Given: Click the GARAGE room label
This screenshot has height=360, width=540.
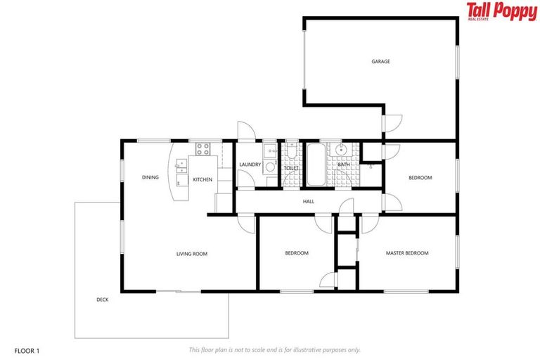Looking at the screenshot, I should coord(380,62).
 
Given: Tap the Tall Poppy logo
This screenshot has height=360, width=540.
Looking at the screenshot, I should coord(501,12).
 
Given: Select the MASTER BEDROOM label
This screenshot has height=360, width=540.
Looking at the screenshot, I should coord(406,253).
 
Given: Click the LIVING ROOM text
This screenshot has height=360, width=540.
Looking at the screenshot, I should coord(191,254).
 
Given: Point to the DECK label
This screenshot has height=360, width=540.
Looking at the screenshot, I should coord(103,300).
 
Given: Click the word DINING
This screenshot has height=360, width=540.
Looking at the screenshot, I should coord(150,178).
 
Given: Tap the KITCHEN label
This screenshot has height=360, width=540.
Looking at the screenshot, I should coord(202,180).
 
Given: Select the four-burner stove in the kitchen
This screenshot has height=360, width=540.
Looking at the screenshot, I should coord(203,149).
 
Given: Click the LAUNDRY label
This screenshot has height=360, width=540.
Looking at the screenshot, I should coord(250,165).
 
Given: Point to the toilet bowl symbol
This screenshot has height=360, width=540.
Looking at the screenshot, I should coord(291,150).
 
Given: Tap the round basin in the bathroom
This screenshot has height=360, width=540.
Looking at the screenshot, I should coord(342,150).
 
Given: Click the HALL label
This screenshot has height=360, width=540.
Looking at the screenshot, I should coord(308,202).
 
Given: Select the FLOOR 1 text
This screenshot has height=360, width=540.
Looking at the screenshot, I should coord(27,349).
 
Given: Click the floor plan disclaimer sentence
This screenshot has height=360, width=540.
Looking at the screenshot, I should coord(274,349).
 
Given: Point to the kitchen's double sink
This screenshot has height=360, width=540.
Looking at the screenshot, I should coord(181,166).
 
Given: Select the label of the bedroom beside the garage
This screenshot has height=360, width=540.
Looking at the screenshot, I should coord(420,178).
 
